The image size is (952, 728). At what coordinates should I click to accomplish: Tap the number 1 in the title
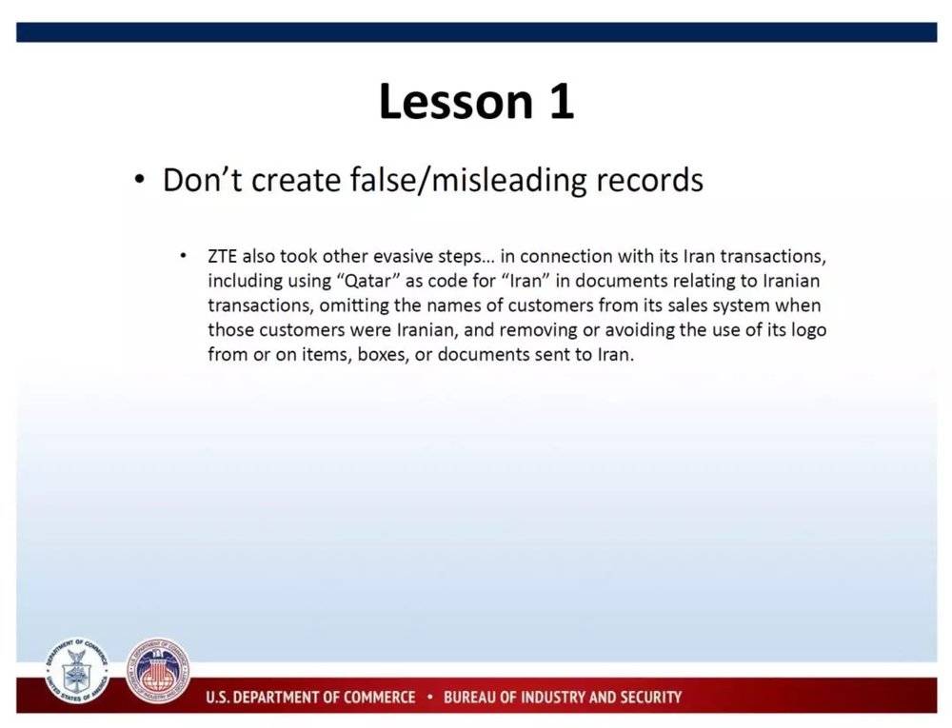tap(563, 101)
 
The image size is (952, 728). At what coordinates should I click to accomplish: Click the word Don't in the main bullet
tap(202, 180)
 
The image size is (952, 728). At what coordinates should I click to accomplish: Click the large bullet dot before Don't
tap(140, 180)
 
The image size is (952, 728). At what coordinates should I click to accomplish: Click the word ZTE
tap(222, 257)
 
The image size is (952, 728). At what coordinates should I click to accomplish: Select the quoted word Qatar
tap(367, 282)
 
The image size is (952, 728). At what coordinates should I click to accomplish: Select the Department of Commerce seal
tap(76, 670)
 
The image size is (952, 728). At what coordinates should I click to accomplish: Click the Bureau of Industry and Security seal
tap(158, 670)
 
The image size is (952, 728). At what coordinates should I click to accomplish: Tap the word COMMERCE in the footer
tap(380, 697)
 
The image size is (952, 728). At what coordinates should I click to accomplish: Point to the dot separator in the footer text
tap(429, 697)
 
